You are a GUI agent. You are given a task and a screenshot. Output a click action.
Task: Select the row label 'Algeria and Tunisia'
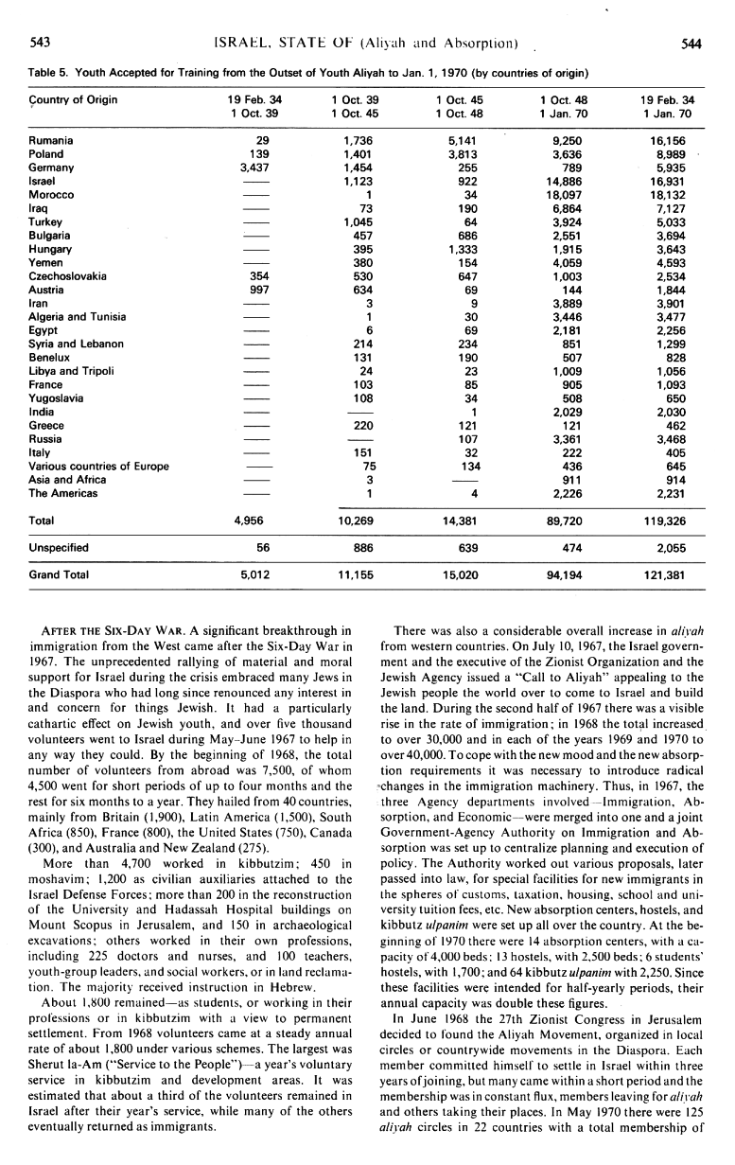pos(79,316)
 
